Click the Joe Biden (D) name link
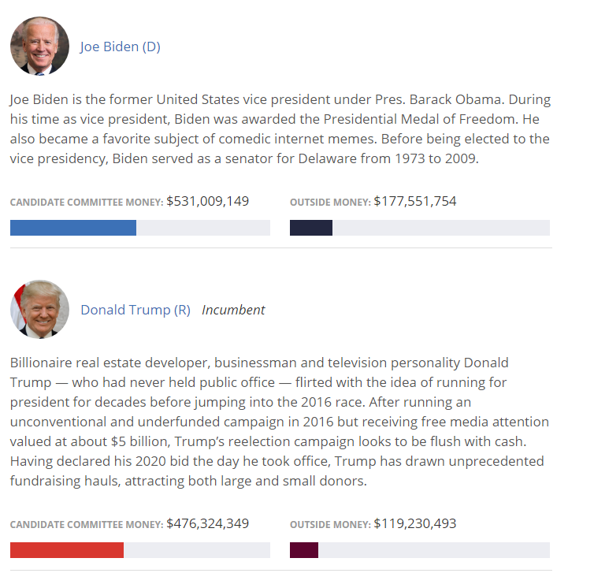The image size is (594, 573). tap(120, 47)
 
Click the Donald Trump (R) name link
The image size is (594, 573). tap(135, 310)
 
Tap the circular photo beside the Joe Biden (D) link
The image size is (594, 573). tap(39, 47)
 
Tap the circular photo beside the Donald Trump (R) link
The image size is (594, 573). tap(39, 307)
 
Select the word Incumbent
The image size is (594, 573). tap(233, 310)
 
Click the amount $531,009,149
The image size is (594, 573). tap(207, 201)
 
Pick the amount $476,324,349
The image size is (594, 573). tap(207, 523)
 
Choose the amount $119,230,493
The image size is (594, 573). tap(414, 523)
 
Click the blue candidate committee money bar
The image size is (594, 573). tap(72, 228)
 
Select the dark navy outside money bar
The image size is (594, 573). tap(310, 228)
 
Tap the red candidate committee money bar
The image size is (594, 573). tap(66, 550)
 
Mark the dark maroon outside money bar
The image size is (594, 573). tap(303, 550)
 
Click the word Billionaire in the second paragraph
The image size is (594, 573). tap(44, 363)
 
